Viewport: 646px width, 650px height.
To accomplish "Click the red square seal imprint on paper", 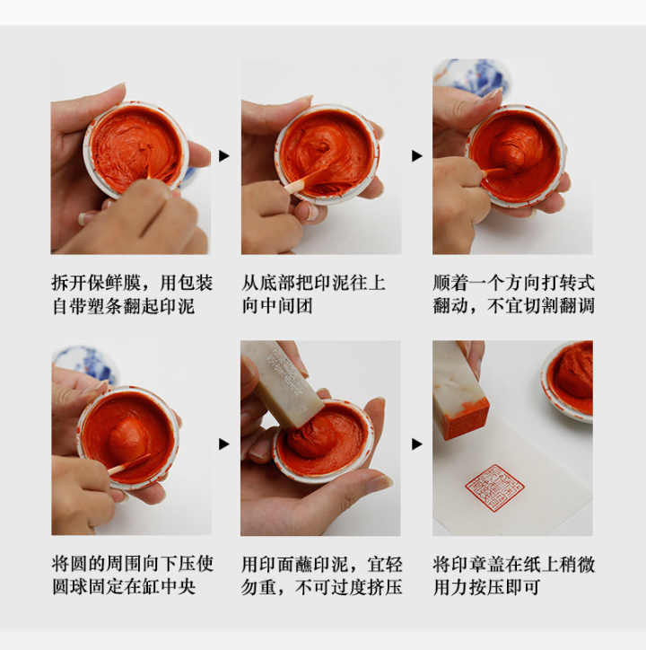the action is [494, 488].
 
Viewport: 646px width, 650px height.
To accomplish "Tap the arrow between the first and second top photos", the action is [224, 156].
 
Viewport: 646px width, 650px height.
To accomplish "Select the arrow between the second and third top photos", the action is [417, 156].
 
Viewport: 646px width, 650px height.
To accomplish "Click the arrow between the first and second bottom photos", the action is [224, 444].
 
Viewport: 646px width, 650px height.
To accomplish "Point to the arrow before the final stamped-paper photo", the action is [417, 444].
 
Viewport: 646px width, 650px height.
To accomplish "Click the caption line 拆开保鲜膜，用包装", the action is [132, 283].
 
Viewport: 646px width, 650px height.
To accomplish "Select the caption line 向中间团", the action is [277, 306].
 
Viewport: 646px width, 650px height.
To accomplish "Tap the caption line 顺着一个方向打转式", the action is [514, 283].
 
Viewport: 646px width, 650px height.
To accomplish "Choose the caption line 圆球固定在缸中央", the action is [124, 586].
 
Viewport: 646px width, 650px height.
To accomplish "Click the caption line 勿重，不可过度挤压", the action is [322, 586].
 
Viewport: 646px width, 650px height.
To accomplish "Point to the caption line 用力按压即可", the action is [487, 586].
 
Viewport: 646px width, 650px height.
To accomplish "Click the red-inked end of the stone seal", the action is [465, 419].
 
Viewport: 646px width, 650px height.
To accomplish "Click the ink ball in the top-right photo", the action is [517, 149].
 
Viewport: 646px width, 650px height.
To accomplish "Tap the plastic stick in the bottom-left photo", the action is [129, 465].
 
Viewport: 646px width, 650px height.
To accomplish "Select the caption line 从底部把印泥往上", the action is [314, 283].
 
